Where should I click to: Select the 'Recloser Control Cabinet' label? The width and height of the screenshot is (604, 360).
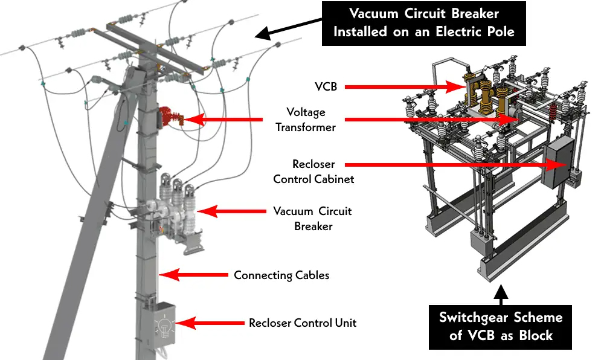click(x=313, y=172)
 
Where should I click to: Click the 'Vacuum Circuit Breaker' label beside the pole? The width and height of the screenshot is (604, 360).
click(x=312, y=219)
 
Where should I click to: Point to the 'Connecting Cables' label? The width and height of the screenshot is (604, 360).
click(x=281, y=275)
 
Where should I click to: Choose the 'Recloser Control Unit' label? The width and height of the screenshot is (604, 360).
click(x=303, y=323)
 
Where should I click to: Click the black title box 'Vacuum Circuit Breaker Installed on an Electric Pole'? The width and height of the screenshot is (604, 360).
click(x=423, y=23)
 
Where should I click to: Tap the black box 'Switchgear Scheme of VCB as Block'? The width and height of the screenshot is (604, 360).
click(x=500, y=326)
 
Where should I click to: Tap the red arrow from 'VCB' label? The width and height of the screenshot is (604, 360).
click(x=411, y=86)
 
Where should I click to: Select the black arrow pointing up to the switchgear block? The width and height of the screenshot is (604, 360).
click(x=500, y=292)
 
